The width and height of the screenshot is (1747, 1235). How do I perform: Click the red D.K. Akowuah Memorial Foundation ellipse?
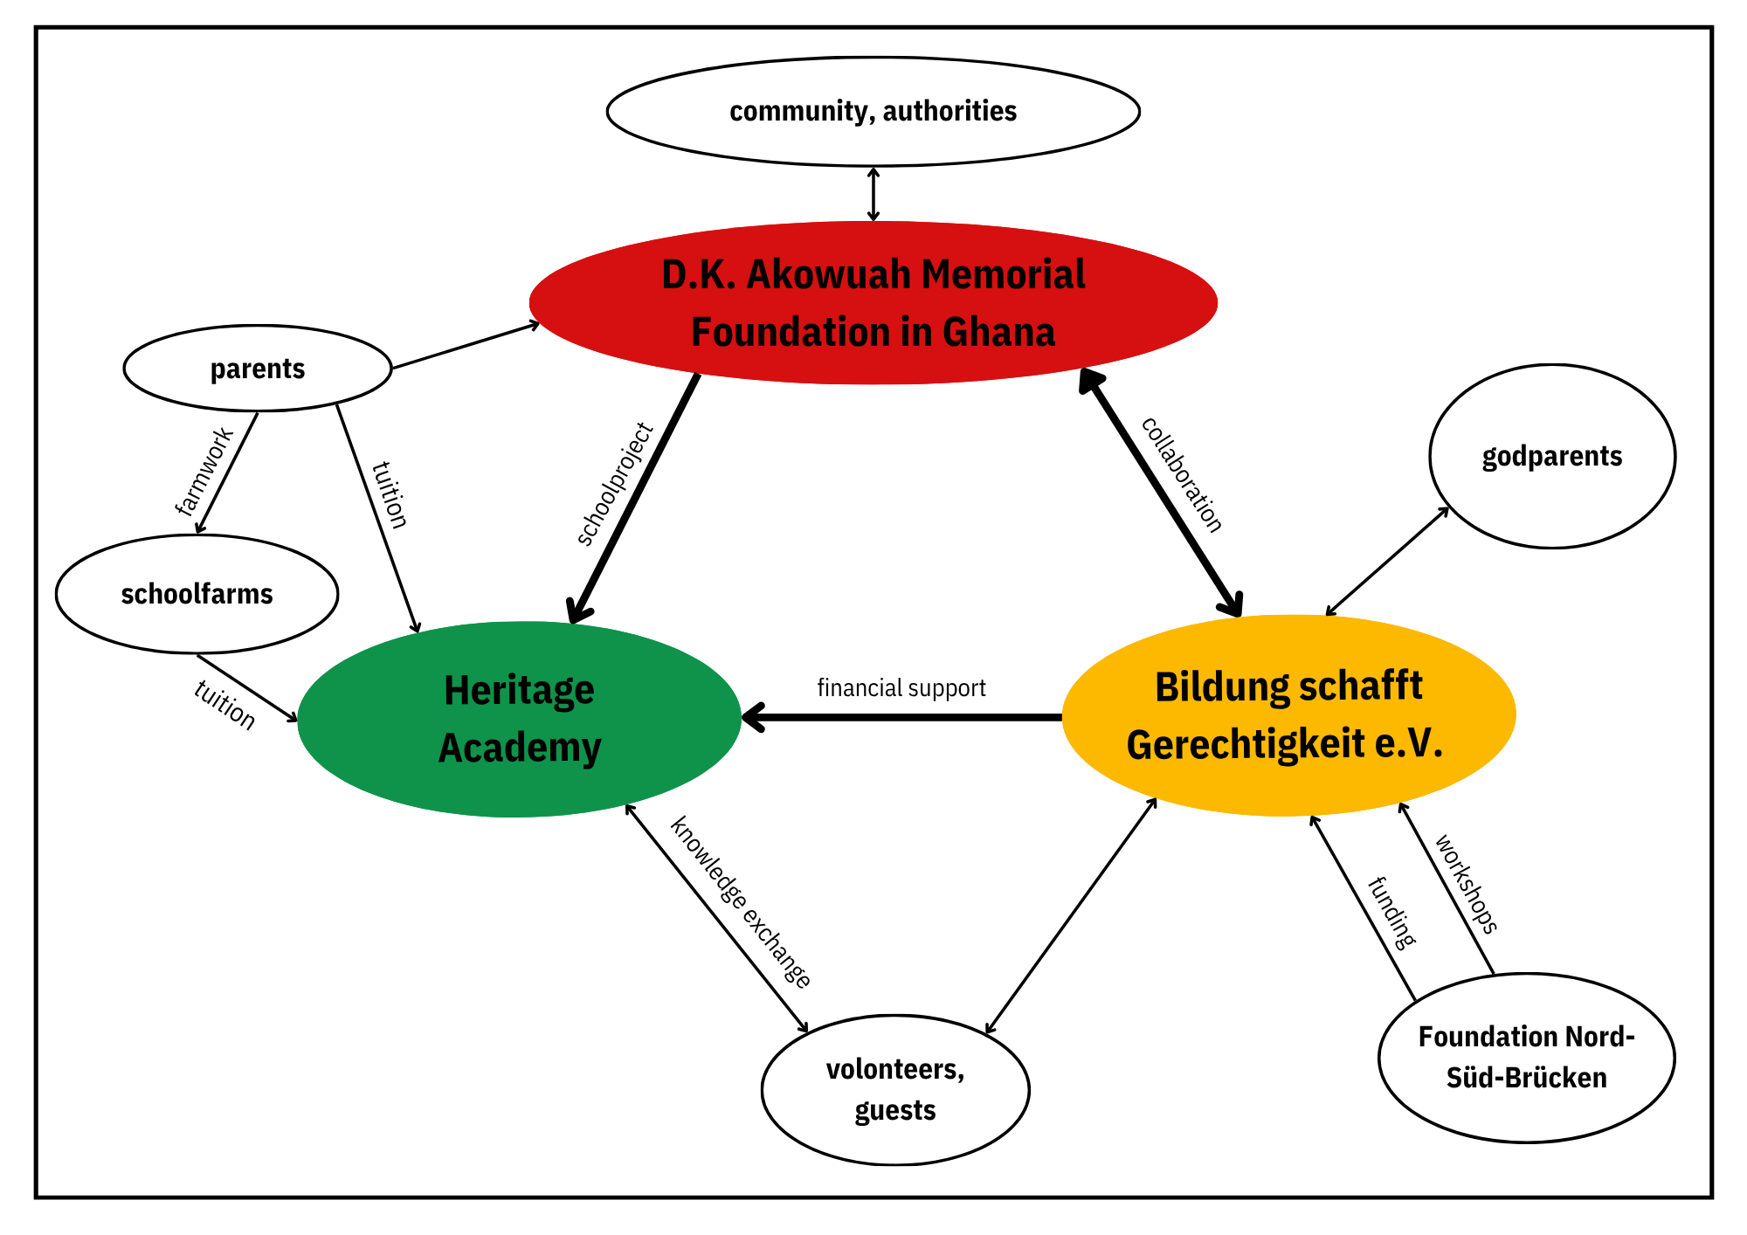[873, 302]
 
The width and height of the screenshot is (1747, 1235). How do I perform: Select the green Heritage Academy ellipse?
[519, 719]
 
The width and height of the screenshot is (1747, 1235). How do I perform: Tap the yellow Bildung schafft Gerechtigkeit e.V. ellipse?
[1288, 715]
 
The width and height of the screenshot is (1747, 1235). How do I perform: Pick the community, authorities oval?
[873, 112]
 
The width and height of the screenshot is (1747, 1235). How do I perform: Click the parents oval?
[258, 369]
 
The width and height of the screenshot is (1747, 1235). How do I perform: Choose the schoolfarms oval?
[197, 594]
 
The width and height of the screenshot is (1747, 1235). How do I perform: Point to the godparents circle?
[1552, 456]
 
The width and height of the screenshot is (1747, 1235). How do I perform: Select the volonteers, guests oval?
[895, 1089]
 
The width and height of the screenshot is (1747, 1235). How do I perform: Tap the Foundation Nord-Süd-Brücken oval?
[1526, 1057]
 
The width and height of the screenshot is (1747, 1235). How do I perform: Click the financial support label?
[901, 688]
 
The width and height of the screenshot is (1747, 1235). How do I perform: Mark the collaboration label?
[1182, 474]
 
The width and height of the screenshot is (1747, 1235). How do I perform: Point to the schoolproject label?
[615, 485]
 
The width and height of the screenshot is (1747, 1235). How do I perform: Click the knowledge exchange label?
[741, 901]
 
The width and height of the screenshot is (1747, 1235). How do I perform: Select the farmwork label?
[204, 472]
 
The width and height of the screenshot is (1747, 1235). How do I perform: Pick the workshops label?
[1467, 884]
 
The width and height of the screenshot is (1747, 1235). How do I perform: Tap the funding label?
[1391, 913]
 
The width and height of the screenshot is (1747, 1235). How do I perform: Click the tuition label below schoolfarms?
[224, 705]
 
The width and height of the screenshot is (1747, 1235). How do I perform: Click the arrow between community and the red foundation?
[873, 194]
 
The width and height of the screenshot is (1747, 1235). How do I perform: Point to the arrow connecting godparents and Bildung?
[1387, 562]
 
